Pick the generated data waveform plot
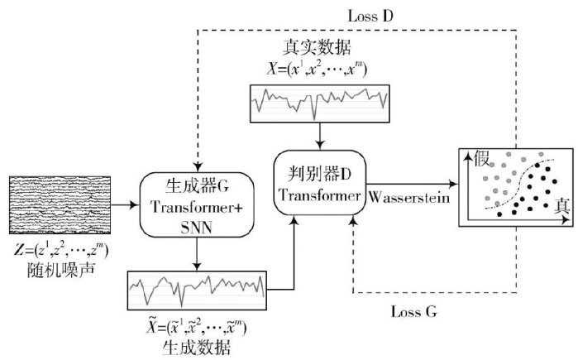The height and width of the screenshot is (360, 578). (x=198, y=290)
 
